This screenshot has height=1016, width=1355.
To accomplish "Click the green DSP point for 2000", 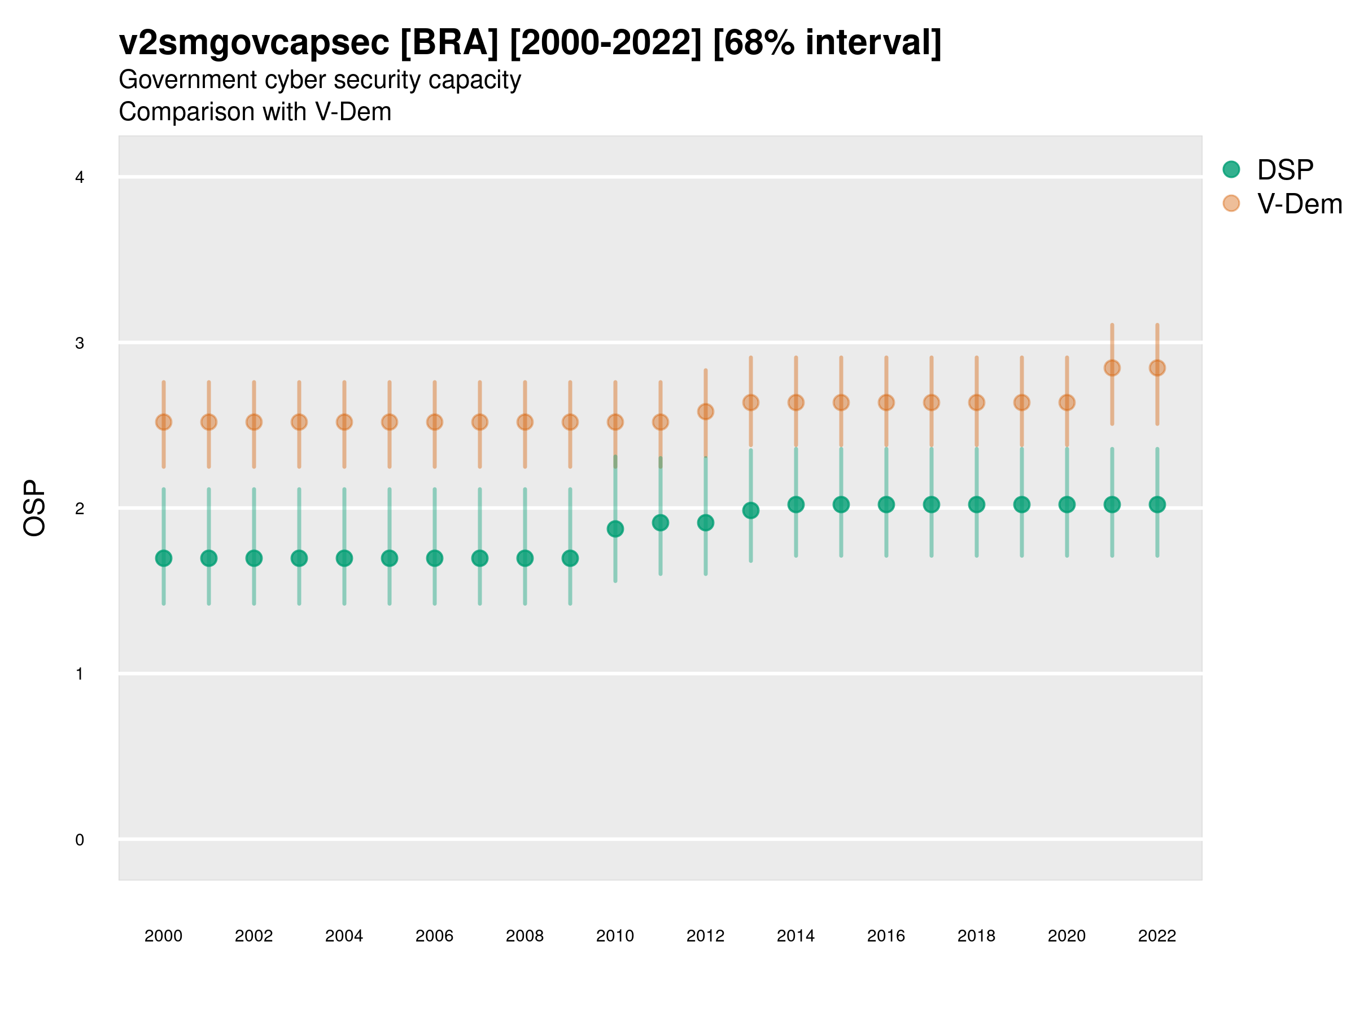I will pyautogui.click(x=164, y=558).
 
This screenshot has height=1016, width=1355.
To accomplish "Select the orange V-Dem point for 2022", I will pyautogui.click(x=1157, y=367).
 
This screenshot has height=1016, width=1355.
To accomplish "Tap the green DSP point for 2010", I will pyautogui.click(x=615, y=528).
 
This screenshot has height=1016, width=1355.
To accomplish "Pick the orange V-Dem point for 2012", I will pyautogui.click(x=706, y=411).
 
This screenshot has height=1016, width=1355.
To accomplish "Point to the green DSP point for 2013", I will pyautogui.click(x=750, y=510).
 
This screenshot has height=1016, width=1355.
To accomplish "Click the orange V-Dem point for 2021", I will pyautogui.click(x=1112, y=367).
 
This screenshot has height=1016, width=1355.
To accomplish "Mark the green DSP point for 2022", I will pyautogui.click(x=1157, y=504).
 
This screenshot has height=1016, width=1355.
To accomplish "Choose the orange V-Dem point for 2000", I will pyautogui.click(x=164, y=422).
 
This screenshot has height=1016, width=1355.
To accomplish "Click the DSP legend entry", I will pyautogui.click(x=1284, y=170).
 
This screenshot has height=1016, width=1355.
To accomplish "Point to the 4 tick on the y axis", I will pyautogui.click(x=80, y=178).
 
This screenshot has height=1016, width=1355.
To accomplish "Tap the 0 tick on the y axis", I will pyautogui.click(x=80, y=840).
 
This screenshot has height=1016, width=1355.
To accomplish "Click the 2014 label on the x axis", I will pyautogui.click(x=795, y=936).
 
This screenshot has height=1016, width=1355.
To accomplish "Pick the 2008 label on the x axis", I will pyautogui.click(x=525, y=936).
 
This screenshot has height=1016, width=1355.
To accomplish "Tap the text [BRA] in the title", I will pyautogui.click(x=449, y=43).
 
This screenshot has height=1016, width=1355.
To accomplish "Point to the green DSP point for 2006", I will pyautogui.click(x=434, y=558).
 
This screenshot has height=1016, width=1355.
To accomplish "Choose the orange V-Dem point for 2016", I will pyautogui.click(x=886, y=402).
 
